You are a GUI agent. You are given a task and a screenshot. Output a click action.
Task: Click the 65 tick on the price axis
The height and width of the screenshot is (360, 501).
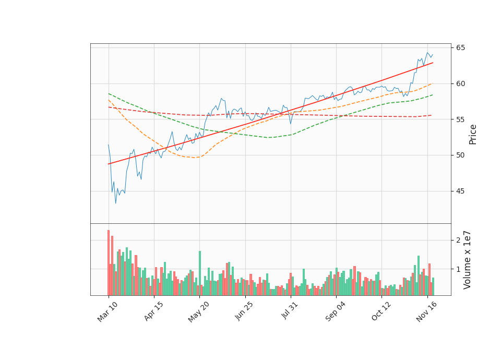[x=461, y=48]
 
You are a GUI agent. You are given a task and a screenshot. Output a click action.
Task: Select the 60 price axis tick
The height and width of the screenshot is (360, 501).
[x=461, y=83]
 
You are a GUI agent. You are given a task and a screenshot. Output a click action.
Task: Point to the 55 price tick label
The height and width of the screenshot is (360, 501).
[x=461, y=119]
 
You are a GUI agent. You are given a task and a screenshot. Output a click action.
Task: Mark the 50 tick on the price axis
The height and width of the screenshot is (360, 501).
[x=461, y=155]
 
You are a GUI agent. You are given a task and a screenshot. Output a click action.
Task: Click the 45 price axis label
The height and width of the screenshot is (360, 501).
[x=461, y=191]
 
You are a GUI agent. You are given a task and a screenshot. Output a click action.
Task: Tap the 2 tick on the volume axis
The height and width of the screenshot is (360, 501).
[x=458, y=240]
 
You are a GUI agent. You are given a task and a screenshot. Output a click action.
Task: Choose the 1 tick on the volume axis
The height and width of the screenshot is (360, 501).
[x=458, y=269]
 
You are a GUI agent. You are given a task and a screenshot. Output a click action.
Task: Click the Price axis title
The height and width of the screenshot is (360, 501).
[x=473, y=134]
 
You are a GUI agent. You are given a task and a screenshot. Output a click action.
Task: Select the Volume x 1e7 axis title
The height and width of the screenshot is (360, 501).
[x=468, y=259]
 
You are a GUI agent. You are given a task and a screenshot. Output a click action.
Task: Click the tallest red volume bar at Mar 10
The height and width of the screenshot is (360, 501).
[x=109, y=262]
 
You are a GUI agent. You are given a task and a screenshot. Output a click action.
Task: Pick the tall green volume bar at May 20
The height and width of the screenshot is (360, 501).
[x=199, y=273]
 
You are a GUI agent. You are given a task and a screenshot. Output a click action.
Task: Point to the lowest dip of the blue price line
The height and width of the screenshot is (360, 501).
[x=116, y=203]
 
